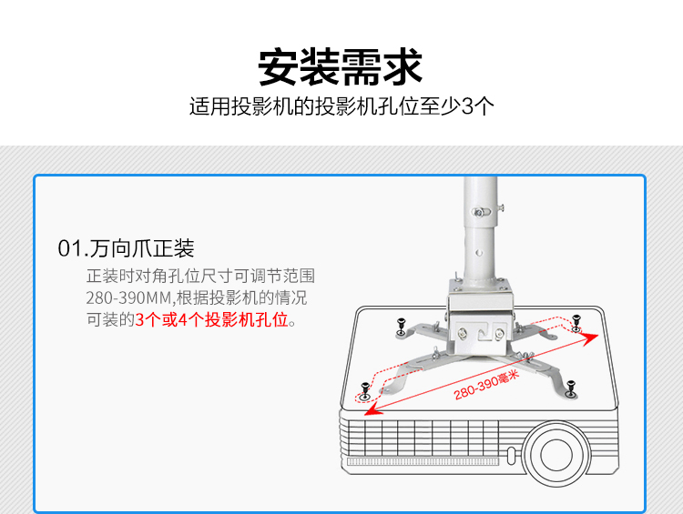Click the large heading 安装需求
341,67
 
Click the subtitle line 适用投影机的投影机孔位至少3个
341,106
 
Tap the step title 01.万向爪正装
126,248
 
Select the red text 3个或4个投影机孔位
211,320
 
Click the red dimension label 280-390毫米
486,385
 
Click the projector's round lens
556,454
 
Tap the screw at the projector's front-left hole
365,391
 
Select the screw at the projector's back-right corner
576,322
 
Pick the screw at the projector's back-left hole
401,327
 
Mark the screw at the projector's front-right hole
571,388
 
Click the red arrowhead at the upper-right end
590,338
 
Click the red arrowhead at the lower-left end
372,409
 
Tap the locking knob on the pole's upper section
480,212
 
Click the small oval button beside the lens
512,455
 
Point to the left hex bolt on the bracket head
462,334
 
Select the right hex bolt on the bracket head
499,334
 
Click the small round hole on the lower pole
479,253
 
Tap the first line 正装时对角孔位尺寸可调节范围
200,276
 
